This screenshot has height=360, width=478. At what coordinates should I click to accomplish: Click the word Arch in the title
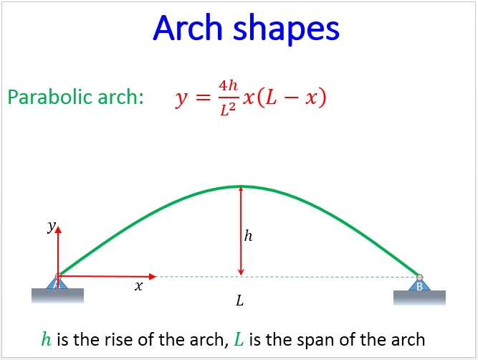coord(188,28)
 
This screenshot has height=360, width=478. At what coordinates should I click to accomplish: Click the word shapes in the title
coord(286,29)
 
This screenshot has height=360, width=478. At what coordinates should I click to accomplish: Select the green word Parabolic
coord(49,97)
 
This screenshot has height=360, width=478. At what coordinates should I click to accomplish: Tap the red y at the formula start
coord(181,99)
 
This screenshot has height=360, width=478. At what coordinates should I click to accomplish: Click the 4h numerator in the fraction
coord(229,86)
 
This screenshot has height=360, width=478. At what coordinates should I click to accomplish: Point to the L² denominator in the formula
coord(228,110)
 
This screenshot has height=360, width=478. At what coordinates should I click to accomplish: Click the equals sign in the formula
coord(203,98)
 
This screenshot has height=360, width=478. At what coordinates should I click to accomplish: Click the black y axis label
coord(51,227)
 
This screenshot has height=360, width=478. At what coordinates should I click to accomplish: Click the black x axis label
coord(139,286)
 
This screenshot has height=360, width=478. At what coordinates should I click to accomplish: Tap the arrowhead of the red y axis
coord(58,229)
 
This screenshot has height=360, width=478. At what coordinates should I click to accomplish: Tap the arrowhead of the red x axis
coord(153,277)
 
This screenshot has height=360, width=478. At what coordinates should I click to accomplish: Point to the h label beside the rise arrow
coord(249,236)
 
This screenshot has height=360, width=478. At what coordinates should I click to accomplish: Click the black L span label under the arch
coord(240,300)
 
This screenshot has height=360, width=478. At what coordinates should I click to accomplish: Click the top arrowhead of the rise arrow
coord(241,189)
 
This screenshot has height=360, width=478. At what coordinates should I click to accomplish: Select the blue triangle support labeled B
coord(419,284)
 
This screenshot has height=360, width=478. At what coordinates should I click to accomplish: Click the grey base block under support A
coord(57,295)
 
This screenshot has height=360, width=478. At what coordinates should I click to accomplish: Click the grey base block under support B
coord(419,298)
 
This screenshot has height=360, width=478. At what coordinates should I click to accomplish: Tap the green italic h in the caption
coord(47,339)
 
